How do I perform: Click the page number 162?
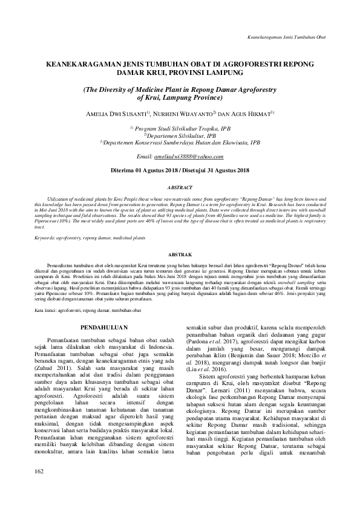[40, 488]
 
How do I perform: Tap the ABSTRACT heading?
[180, 188]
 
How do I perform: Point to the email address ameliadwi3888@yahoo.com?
[197, 157]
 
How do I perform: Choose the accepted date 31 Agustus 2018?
[224, 171]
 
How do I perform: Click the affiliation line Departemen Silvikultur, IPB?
[179, 135]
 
